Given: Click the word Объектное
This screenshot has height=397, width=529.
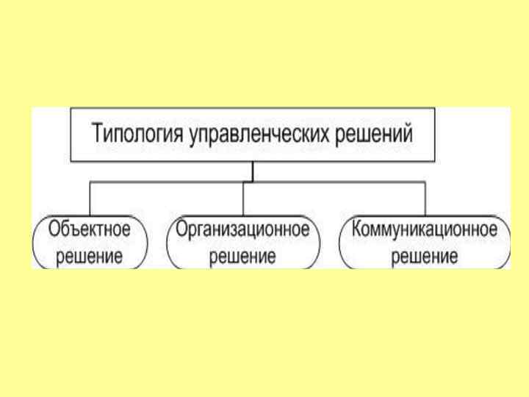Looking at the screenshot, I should (90, 229).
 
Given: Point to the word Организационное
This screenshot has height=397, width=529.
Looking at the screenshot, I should (243, 229).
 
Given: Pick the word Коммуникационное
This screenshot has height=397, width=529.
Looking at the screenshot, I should (425, 229).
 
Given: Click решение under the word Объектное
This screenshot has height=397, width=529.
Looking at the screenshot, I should (90, 257).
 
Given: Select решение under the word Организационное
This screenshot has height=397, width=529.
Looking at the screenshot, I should (243, 257).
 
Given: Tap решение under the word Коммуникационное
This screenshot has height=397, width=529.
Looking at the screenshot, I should (425, 257).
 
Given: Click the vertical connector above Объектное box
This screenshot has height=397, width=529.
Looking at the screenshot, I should (90, 198).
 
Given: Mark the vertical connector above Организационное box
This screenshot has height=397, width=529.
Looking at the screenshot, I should (243, 198).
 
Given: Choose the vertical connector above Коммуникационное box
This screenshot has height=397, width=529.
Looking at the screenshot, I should (425, 198).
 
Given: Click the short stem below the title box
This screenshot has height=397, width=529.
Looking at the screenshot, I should (252, 171).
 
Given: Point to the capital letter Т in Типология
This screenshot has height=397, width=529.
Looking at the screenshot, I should (96, 135).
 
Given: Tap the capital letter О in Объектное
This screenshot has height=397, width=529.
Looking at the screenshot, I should (54, 229).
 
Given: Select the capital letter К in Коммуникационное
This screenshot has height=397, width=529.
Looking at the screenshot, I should (357, 229).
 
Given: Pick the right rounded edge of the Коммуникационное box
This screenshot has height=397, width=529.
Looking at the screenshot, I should (508, 243).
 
